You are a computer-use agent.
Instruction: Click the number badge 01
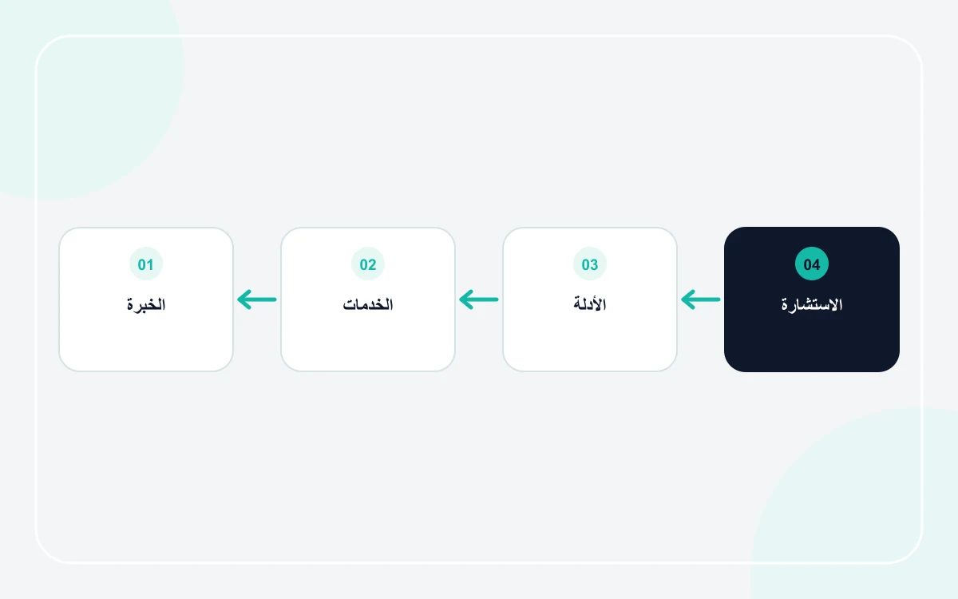tap(146, 264)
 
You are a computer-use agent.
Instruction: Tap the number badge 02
tap(368, 264)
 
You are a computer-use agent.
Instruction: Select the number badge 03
tap(590, 264)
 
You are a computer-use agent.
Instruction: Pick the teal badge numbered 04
tap(812, 264)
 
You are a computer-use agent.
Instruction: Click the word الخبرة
tap(146, 304)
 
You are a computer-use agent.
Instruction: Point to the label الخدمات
tap(368, 304)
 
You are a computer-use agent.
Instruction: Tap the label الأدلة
tap(590, 303)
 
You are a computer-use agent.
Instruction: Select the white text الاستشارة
tap(812, 304)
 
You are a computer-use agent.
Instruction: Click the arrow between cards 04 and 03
tap(701, 299)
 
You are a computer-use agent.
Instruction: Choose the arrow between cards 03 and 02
tap(478, 299)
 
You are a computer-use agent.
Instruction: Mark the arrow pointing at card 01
tap(256, 299)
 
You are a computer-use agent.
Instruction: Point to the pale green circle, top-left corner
tap(85, 85)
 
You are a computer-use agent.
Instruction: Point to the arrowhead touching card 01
tap(244, 299)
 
